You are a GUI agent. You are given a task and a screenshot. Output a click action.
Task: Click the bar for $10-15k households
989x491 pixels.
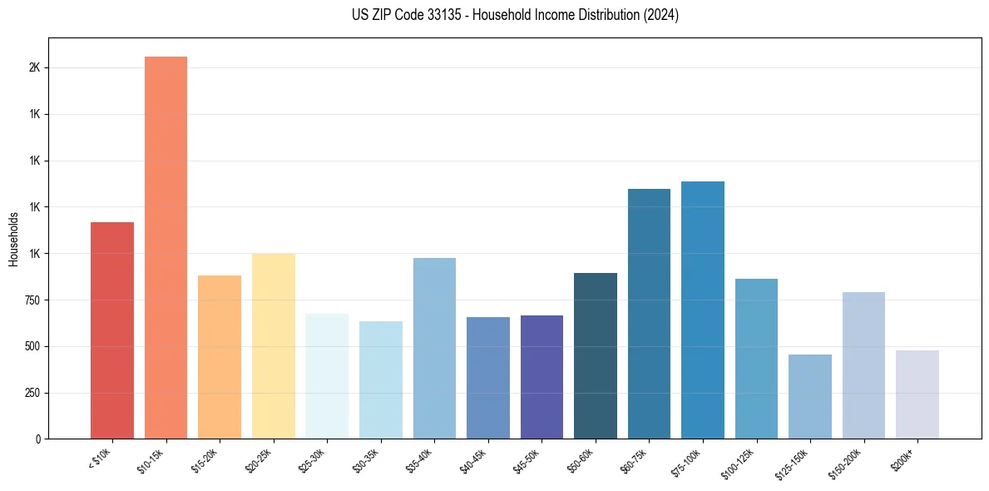pyautogui.click(x=166, y=247)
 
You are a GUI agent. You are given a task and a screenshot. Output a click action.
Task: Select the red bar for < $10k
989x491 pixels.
pyautogui.click(x=112, y=330)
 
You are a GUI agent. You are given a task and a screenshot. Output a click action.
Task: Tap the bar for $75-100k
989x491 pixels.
pyautogui.click(x=703, y=310)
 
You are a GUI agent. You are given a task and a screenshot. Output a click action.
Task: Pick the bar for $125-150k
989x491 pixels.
pyautogui.click(x=810, y=396)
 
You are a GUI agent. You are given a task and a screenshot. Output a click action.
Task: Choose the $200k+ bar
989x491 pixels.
pyautogui.click(x=917, y=394)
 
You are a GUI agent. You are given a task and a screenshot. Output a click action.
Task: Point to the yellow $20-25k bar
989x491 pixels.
pyautogui.click(x=273, y=346)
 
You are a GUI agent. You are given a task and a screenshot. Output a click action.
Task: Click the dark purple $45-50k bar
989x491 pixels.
pyautogui.click(x=541, y=377)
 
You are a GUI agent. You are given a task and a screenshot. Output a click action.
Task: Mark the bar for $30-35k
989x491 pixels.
pyautogui.click(x=381, y=379)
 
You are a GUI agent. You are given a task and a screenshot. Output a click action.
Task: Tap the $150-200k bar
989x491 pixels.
pyautogui.click(x=863, y=365)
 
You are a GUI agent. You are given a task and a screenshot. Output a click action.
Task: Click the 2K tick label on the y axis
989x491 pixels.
pyautogui.click(x=34, y=67)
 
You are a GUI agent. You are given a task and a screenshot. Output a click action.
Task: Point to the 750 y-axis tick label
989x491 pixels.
pyautogui.click(x=32, y=300)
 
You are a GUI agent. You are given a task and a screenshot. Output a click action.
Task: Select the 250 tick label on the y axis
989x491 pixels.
pyautogui.click(x=32, y=393)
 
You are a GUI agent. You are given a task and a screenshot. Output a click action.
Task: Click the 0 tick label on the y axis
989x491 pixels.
pyautogui.click(x=38, y=439)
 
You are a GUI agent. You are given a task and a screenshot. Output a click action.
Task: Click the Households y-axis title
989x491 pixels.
pyautogui.click(x=13, y=239)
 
